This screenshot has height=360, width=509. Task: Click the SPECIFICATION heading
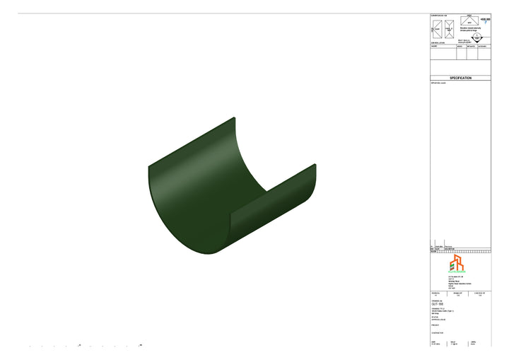coord(460,78)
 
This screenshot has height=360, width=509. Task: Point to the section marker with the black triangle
coord(477,38)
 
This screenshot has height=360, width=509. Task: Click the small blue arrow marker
coord(486,22)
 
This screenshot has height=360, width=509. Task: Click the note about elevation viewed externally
coord(470,30)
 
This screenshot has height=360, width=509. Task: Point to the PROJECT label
coord(435,326)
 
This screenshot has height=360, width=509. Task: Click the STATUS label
coord(435,316)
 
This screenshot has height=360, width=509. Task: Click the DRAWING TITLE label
coord(438,308)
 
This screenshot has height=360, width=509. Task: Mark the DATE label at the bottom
coord(433,341)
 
